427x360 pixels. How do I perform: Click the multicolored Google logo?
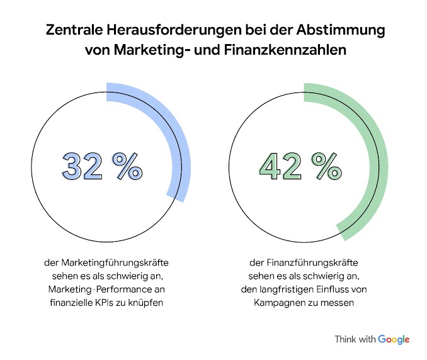click(394, 339)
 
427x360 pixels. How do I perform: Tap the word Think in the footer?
click(346, 339)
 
